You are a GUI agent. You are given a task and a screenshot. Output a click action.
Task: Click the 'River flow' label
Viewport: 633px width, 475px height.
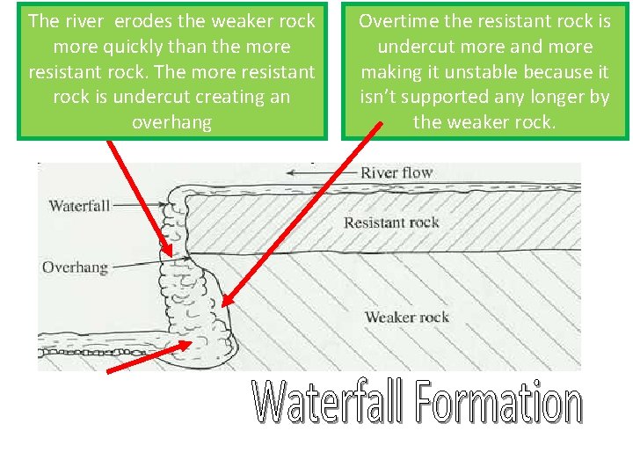pos(397,173)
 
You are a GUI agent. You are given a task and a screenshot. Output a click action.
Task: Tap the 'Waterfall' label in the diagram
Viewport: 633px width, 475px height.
pos(79,206)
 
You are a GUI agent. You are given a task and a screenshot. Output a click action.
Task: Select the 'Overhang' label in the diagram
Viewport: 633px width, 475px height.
pos(75,266)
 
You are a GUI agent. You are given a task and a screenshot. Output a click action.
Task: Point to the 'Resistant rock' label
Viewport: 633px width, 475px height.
pos(391,223)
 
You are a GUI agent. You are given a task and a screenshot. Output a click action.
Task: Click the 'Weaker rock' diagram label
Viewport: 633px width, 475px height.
pos(406,317)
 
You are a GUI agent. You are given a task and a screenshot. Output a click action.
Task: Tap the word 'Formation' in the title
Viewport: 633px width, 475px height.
pos(498,404)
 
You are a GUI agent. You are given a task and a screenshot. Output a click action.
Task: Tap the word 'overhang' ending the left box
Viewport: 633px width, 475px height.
pos(171,122)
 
